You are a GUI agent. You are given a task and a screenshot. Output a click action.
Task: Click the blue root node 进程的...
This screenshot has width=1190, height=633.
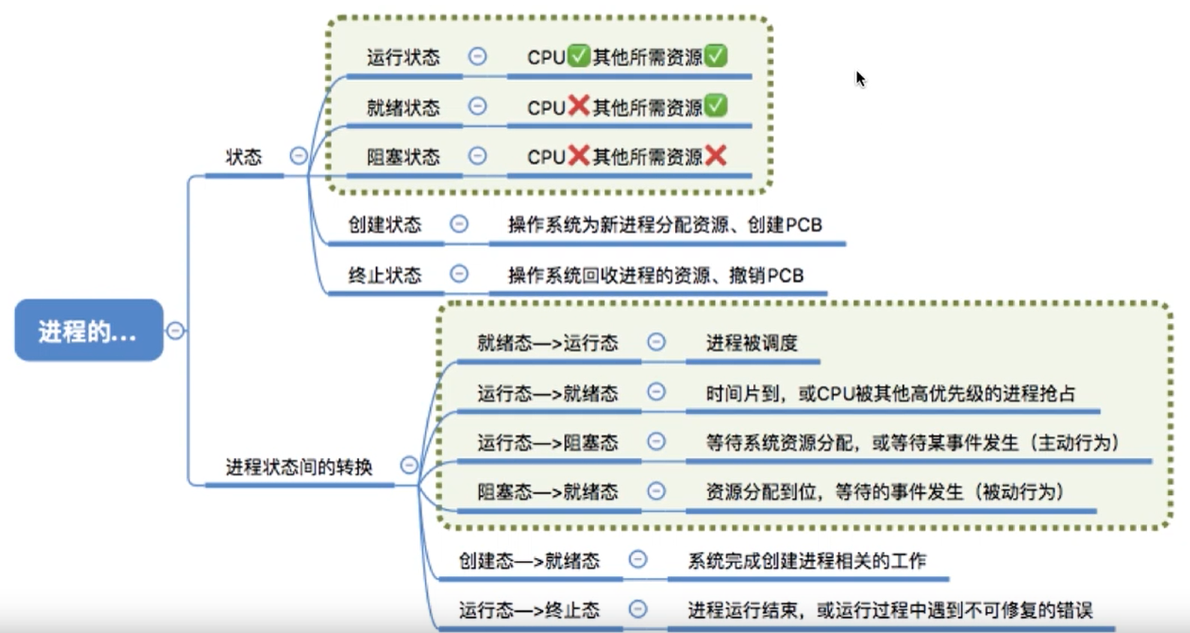[89, 330]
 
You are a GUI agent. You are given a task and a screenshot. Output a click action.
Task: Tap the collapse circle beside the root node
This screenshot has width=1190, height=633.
[175, 330]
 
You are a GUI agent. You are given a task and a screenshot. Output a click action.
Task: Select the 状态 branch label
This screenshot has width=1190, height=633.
[244, 157]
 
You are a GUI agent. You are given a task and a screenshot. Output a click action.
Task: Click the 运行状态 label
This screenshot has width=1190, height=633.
[403, 57]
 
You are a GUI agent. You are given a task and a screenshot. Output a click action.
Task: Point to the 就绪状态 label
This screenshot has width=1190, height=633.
[403, 107]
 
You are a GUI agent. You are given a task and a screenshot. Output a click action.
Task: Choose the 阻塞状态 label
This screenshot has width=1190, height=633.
[403, 157]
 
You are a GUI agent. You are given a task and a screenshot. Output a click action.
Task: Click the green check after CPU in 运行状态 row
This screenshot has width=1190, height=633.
[578, 56]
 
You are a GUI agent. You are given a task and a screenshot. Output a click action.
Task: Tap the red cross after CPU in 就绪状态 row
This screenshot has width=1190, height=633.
[578, 106]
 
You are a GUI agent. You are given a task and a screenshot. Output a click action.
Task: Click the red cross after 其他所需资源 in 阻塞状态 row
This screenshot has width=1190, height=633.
[716, 155]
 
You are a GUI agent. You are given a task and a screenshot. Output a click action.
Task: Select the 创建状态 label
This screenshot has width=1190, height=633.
[384, 225]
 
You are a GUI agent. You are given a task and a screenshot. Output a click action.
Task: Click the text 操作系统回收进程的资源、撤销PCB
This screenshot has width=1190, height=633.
[655, 275]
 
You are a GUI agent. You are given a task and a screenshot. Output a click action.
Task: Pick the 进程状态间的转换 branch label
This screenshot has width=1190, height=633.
[299, 467]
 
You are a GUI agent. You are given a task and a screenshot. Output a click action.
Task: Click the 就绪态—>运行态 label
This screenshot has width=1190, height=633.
[547, 343]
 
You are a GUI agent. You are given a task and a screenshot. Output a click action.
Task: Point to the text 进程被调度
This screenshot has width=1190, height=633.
[752, 343]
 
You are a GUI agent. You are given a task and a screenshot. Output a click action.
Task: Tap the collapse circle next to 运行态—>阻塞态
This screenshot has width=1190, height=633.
[656, 442]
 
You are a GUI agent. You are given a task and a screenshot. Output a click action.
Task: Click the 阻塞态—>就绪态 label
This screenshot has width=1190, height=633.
[547, 492]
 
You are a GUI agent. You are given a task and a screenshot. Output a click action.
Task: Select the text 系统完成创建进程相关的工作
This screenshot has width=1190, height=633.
[807, 560]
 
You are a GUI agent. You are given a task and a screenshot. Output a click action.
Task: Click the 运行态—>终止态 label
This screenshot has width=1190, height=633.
[529, 610]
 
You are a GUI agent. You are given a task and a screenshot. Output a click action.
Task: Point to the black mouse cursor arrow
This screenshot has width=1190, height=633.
[860, 79]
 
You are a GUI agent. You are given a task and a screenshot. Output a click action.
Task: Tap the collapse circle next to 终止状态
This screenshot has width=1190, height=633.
[459, 274]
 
